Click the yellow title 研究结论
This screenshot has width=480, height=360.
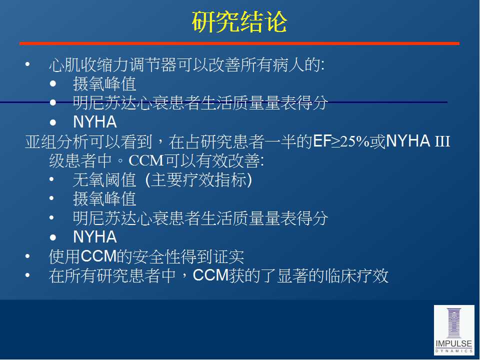(239, 21)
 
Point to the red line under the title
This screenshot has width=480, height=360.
(239, 43)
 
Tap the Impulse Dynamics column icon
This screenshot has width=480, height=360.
(454, 323)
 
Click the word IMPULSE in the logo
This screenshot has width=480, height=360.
(454, 344)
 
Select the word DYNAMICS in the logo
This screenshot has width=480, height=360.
(454, 351)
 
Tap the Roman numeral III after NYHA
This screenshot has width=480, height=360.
(442, 141)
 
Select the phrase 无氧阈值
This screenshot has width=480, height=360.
(104, 179)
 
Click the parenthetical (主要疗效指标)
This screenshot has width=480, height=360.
(198, 179)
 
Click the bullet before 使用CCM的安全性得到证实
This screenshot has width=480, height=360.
(27, 256)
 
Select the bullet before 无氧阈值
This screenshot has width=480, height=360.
(52, 179)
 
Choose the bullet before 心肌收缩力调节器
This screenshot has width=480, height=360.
(27, 64)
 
